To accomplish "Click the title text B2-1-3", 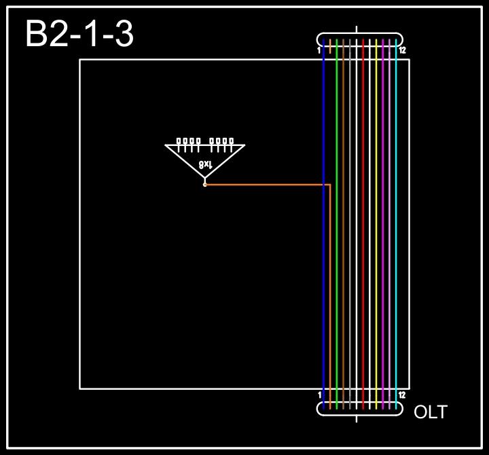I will [x=79, y=34].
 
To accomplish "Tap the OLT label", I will [x=431, y=412].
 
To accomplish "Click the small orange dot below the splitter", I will [x=204, y=184].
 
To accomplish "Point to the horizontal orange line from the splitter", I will [x=265, y=184].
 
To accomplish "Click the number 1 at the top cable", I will [x=319, y=50].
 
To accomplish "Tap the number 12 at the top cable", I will [x=402, y=50].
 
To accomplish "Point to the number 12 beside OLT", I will [x=402, y=395].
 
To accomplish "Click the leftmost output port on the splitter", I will [x=179, y=142].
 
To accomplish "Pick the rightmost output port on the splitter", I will [x=232, y=142].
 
